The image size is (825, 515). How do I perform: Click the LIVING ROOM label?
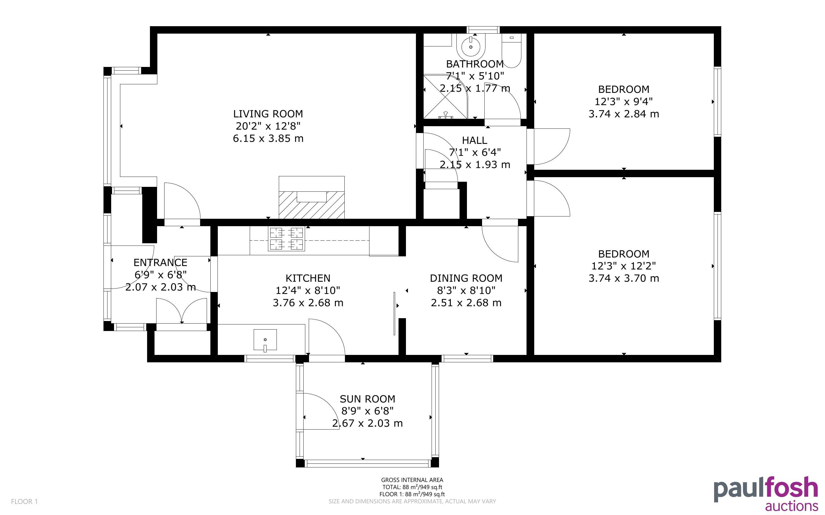(268, 114)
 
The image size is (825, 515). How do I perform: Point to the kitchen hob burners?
(286, 239)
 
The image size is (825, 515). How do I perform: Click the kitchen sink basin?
(265, 340)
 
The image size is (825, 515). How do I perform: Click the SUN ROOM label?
(367, 399)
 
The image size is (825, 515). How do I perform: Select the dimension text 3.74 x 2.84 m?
(624, 114)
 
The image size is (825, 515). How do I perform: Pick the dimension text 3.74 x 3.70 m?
(624, 278)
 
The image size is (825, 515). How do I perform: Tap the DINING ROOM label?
(466, 278)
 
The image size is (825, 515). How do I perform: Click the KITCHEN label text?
(308, 278)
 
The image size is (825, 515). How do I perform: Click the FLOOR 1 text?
(24, 501)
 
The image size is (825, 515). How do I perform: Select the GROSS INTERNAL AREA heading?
(412, 480)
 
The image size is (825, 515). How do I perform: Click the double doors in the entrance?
(182, 311)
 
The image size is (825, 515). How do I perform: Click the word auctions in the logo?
(791, 506)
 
